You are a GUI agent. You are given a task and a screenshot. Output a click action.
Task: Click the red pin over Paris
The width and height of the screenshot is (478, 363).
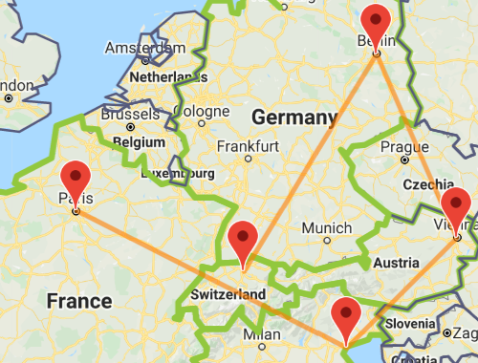(x=75, y=179)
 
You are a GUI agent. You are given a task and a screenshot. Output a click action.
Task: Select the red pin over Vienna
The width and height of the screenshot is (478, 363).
(x=456, y=204)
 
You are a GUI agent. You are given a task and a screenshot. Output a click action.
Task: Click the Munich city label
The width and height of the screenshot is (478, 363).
(x=326, y=228)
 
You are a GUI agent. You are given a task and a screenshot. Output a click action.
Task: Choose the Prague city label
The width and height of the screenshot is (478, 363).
(x=398, y=147)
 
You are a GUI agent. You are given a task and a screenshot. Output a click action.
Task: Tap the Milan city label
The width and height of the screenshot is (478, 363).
(x=261, y=334)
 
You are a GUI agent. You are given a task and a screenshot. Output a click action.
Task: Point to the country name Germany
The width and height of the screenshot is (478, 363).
(x=293, y=117)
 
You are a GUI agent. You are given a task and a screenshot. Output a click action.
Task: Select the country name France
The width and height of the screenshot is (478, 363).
(x=78, y=301)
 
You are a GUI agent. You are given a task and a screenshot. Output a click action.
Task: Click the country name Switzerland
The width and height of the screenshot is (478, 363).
(x=228, y=294)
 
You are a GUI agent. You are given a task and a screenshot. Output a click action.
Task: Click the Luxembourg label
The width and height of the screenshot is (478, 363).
(x=177, y=174)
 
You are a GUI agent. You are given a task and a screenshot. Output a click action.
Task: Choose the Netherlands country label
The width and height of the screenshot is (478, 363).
(x=167, y=75)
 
